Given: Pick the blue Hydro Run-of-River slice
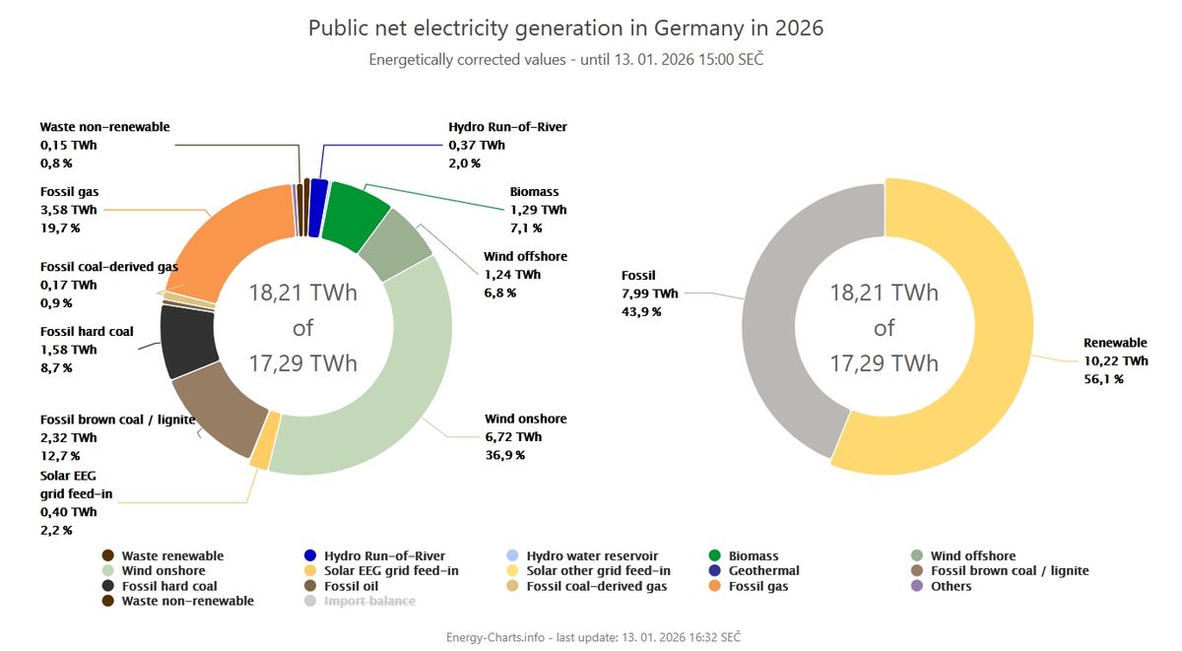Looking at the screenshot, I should click(x=317, y=208).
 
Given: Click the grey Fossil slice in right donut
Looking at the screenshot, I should click(x=778, y=325).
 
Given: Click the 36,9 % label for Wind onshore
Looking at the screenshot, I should click(x=504, y=455).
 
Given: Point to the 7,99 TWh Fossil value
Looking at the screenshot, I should click(x=649, y=293).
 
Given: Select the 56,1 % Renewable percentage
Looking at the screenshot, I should click(x=1103, y=379).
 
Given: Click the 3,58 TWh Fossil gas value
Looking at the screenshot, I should click(x=68, y=210).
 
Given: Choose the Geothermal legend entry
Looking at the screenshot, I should click(x=763, y=571).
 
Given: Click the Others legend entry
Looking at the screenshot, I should click(x=951, y=586).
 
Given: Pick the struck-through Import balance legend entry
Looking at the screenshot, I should click(x=369, y=601).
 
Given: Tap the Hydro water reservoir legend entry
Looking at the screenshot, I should click(x=591, y=556).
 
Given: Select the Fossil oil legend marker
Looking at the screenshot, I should click(x=310, y=586).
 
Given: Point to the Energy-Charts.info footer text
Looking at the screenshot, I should click(x=492, y=637).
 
